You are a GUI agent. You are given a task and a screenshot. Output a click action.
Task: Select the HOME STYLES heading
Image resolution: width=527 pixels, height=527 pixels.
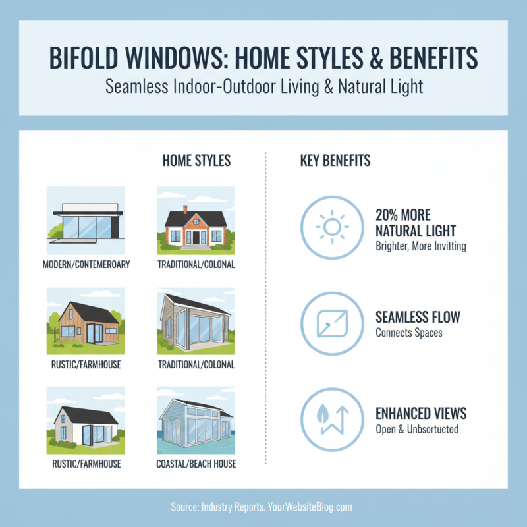pos(196,161)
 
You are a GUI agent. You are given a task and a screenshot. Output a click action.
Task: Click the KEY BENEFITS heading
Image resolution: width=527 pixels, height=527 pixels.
pos(335,161)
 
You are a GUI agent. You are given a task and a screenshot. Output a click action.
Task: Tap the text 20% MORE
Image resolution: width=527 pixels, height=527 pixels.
pos(402,215)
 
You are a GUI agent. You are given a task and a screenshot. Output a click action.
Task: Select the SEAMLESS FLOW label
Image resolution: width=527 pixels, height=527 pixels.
pos(418,317)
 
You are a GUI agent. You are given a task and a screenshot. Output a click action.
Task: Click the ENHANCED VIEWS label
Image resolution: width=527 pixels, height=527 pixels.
pos(420,413)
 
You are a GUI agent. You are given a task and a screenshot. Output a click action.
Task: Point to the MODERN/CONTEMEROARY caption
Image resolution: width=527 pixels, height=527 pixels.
pos(86,265)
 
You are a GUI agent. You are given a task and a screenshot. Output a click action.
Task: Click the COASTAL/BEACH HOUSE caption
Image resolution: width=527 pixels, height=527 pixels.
pos(196,464)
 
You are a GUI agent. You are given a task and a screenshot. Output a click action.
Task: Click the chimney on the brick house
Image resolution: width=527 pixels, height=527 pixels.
pos(186,209)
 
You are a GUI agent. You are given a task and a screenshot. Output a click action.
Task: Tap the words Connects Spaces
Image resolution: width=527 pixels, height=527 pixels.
pos(408,333)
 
